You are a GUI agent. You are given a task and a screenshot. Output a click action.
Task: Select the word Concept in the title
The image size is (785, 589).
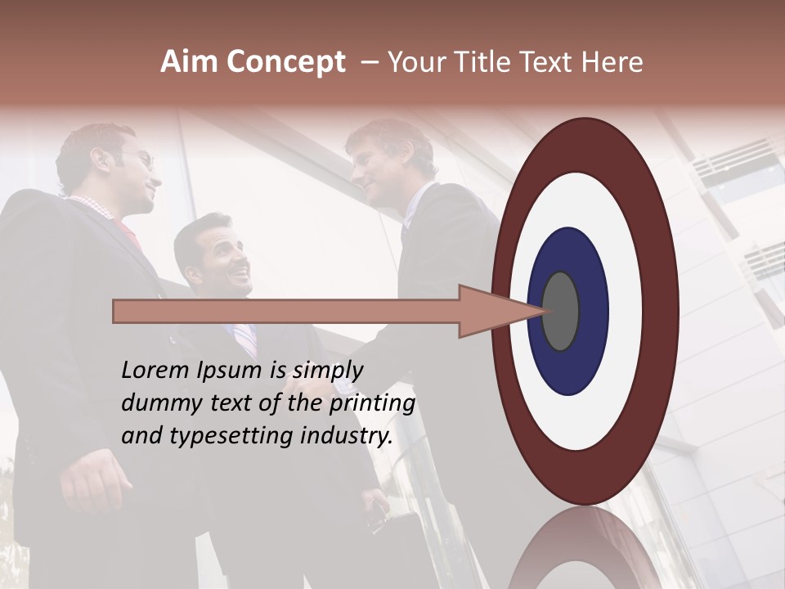[x=285, y=62]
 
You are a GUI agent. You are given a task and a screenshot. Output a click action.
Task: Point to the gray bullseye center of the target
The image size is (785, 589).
[x=561, y=311]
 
